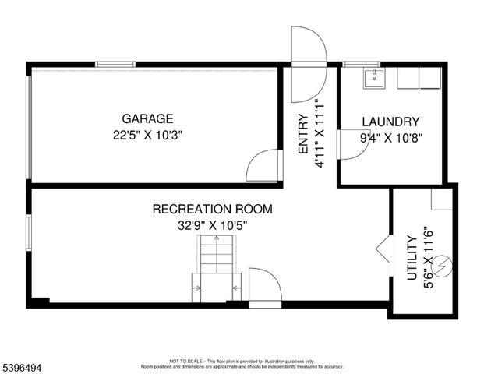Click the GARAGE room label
click(147, 119)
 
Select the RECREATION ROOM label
click(212, 209)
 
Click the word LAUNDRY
click(390, 122)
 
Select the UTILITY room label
click(412, 257)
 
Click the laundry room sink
click(373, 76)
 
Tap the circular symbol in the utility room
click(443, 266)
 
